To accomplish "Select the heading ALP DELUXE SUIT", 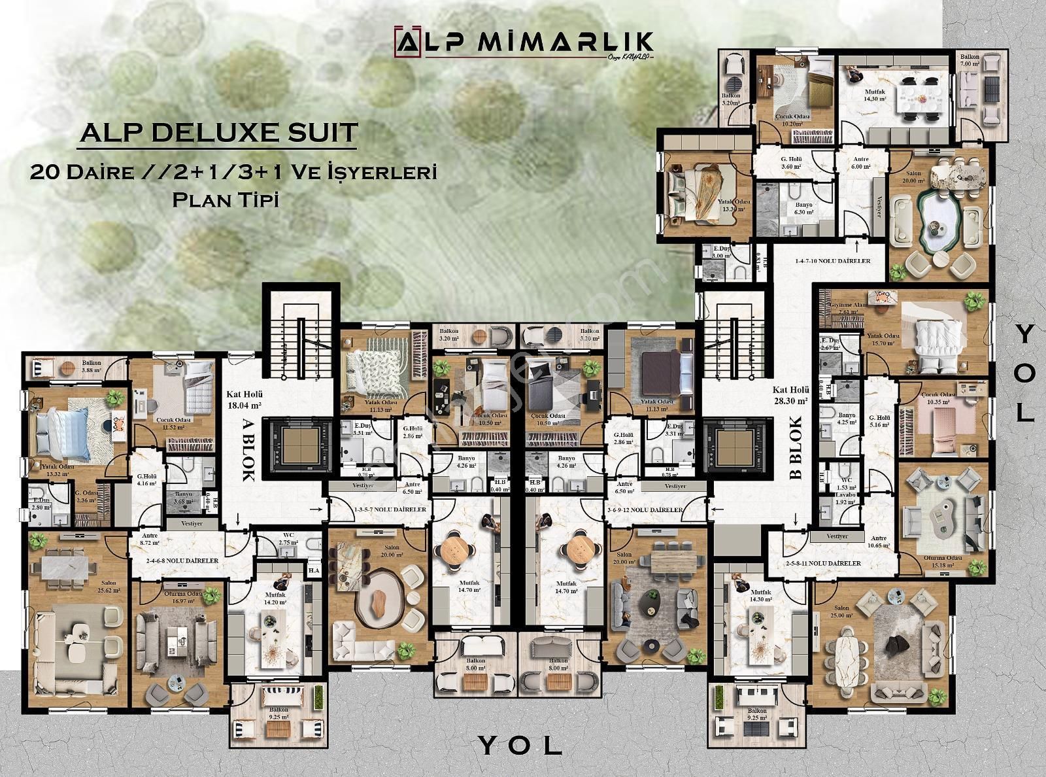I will tap(218, 132).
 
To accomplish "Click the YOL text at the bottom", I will tap(520, 744).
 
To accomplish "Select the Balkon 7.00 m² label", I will tap(970, 61).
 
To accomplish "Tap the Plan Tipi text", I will tap(226, 200).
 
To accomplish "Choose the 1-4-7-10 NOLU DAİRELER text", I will tap(832, 261).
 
